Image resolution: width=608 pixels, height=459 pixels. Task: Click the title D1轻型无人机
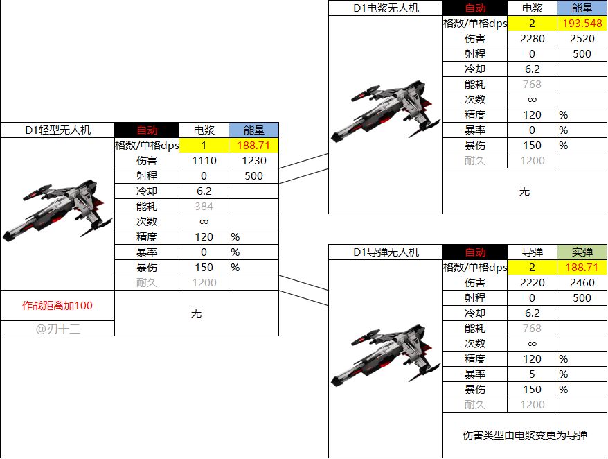(x=57, y=130)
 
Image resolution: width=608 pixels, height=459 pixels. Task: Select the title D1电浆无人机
(x=386, y=8)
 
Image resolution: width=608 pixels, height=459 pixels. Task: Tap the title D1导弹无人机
(x=386, y=252)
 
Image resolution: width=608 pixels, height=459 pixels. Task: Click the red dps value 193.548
(x=582, y=24)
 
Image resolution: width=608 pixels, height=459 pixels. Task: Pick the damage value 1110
(x=204, y=161)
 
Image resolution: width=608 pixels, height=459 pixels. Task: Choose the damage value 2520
(x=582, y=39)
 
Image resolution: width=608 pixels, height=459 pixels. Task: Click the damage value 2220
(x=532, y=283)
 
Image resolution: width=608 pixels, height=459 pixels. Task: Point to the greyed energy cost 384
(x=204, y=207)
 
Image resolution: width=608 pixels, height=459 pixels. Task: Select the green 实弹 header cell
(x=582, y=252)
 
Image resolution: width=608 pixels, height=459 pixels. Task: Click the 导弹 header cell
(x=532, y=252)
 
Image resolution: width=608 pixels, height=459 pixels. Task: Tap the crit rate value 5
(x=532, y=374)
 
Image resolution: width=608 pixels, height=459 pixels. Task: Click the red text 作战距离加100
(x=57, y=306)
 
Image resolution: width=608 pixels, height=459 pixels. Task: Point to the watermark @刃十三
(x=57, y=329)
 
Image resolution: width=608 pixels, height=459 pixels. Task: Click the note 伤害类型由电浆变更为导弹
(x=525, y=435)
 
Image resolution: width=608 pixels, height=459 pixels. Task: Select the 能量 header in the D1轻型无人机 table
(x=254, y=130)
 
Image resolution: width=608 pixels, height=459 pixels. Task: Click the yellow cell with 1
(x=204, y=146)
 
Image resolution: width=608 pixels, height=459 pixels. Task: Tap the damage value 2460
(x=582, y=283)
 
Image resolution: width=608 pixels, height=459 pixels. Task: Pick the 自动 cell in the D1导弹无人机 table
(x=475, y=252)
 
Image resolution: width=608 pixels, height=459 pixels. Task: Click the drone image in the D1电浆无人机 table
(x=386, y=110)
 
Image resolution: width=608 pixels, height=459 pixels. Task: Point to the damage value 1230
(x=254, y=161)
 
